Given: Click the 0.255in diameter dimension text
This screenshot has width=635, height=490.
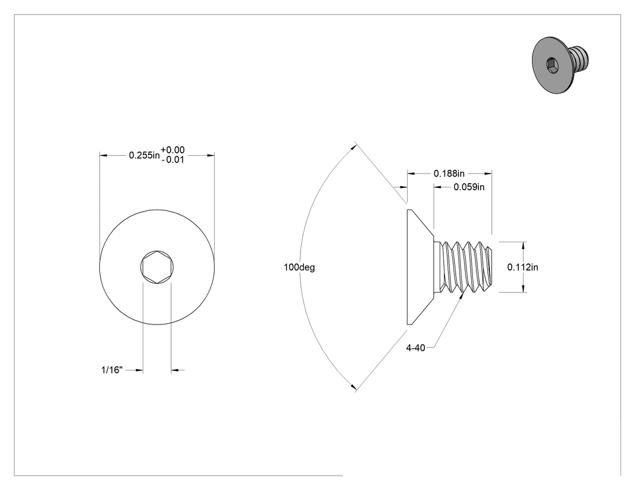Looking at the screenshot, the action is (x=144, y=155).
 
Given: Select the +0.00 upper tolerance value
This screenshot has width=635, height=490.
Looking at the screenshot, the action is (x=173, y=150).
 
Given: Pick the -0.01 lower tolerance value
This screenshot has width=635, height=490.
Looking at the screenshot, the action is (x=173, y=160).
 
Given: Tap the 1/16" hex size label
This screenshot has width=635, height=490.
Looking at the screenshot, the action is (x=112, y=370).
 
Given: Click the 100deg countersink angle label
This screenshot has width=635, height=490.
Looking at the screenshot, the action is (x=299, y=267).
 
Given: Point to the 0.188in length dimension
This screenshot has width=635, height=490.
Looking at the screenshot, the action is (x=449, y=173).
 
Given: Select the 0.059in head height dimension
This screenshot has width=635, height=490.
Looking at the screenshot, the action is (x=469, y=187).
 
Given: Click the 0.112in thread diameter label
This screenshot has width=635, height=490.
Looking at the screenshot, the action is (x=523, y=267).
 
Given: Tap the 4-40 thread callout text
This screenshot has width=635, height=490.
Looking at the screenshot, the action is (x=415, y=347).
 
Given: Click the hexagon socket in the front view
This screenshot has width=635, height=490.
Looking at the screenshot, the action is (x=157, y=266).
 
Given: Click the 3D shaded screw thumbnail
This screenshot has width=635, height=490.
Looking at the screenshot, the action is (x=560, y=65).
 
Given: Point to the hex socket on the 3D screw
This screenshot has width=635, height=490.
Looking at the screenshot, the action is (x=552, y=64).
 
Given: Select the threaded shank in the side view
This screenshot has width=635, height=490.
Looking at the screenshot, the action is (x=464, y=267).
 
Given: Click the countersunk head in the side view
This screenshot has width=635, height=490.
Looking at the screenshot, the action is (x=420, y=267).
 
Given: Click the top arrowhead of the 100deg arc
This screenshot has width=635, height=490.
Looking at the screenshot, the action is (x=354, y=147).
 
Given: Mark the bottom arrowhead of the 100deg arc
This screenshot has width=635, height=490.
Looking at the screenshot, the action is (x=354, y=387).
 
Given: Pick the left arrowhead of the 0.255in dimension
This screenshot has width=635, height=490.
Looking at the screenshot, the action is (x=103, y=155).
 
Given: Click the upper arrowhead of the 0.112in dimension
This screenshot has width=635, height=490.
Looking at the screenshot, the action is (x=523, y=245).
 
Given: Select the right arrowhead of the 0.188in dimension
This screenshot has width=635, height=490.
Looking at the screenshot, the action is (x=488, y=173).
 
